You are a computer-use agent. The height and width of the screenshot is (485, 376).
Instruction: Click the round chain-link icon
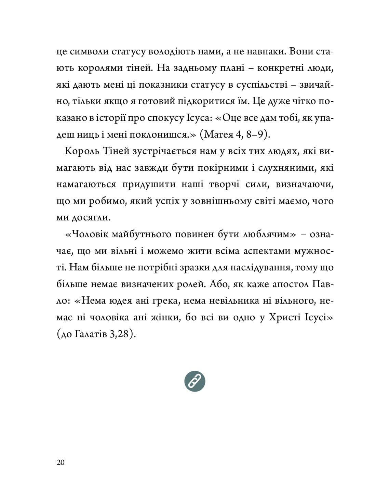195,381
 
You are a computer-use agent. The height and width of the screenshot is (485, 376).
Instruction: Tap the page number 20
61,462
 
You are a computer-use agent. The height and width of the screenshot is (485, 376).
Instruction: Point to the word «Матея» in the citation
219,134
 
